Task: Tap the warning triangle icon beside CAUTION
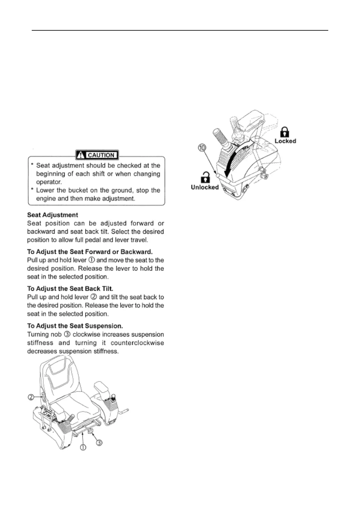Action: pyautogui.click(x=81, y=155)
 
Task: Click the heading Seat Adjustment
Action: pyautogui.click(x=53, y=215)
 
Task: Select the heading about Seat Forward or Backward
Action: pyautogui.click(x=90, y=252)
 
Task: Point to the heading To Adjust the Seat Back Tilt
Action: pyautogui.click(x=70, y=289)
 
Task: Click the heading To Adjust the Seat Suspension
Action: pyautogui.click(x=75, y=326)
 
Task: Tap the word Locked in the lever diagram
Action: pyautogui.click(x=285, y=141)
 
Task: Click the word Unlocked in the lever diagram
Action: pyautogui.click(x=205, y=187)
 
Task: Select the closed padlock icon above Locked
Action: pyautogui.click(x=285, y=132)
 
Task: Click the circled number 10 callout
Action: pyautogui.click(x=202, y=148)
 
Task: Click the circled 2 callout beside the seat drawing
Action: pyautogui.click(x=31, y=397)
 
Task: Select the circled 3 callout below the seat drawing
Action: pyautogui.click(x=99, y=443)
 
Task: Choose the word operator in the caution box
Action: pyautogui.click(x=49, y=182)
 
